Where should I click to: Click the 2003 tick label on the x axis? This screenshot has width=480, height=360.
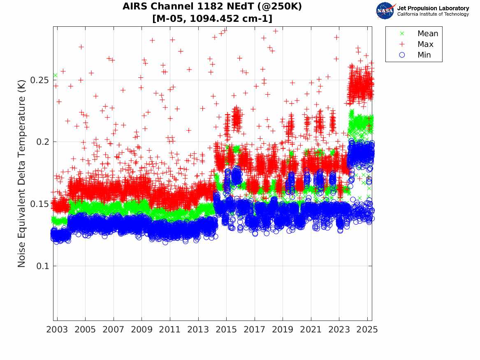click(57, 330)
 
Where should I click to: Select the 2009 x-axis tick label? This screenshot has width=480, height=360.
click(142, 330)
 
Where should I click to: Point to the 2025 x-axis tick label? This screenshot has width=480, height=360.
click(367, 330)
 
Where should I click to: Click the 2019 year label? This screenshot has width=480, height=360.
click(283, 330)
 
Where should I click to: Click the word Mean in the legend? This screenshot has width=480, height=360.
click(428, 34)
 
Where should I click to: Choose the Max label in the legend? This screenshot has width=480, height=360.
click(425, 44)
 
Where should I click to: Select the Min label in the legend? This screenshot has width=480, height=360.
click(424, 55)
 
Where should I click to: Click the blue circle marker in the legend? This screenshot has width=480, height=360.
click(402, 55)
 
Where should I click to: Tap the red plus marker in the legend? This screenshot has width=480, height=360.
click(402, 44)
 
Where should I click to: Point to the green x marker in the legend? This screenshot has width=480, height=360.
click(402, 34)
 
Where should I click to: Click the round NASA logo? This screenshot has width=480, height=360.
click(385, 11)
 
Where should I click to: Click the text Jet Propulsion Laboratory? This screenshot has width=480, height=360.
click(433, 8)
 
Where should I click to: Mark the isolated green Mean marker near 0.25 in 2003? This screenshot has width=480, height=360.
click(55, 75)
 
